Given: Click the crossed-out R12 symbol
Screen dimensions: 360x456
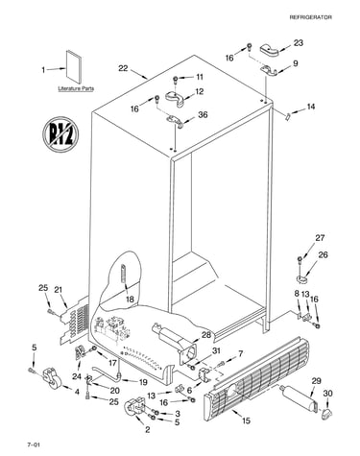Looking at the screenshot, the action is click(x=60, y=134).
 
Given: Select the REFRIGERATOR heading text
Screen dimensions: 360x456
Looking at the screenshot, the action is click(x=311, y=17).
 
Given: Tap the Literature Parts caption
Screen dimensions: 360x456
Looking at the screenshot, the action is click(x=76, y=88).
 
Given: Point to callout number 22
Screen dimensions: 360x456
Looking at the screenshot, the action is click(x=123, y=68).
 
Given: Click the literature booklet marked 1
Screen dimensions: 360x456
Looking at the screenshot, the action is click(x=74, y=66).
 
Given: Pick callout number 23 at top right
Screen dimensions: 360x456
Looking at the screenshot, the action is click(x=299, y=43).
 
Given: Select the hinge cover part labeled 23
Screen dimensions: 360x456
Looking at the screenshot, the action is click(x=269, y=48).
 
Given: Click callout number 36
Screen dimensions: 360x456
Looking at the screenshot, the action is click(x=203, y=114).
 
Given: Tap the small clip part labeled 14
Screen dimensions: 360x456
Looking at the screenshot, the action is click(x=287, y=116).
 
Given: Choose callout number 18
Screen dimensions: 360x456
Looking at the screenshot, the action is click(x=130, y=300).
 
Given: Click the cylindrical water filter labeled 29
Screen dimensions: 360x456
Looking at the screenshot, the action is click(x=298, y=398).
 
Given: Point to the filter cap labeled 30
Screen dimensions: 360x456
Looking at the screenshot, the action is click(x=326, y=413).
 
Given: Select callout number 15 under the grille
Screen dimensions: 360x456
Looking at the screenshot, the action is click(x=246, y=420).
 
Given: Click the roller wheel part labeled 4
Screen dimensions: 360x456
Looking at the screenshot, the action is click(x=51, y=378).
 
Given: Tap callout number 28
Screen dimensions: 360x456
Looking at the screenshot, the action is click(x=206, y=335).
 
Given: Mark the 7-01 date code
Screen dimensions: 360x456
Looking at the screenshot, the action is click(x=34, y=444).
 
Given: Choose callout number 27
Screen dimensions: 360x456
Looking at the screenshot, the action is click(x=320, y=238).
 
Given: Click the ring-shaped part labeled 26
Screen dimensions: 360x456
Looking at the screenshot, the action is click(x=301, y=279).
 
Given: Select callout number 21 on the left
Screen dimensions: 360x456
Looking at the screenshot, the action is click(x=58, y=290).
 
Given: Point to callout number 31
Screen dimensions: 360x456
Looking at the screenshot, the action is click(x=217, y=350).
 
